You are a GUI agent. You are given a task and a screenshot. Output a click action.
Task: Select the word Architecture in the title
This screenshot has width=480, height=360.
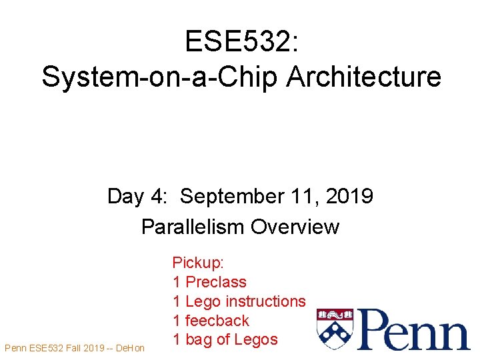pyautogui.click(x=364, y=77)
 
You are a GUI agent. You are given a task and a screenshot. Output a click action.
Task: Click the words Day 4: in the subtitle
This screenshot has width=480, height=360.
pyautogui.click(x=140, y=197)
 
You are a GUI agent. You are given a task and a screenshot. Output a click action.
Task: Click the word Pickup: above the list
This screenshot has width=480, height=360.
pyautogui.click(x=198, y=263)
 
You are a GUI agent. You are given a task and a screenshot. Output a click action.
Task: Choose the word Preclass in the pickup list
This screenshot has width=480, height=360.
pyautogui.click(x=216, y=282)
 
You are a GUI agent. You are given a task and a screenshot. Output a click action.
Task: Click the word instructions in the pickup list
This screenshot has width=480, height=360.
pyautogui.click(x=265, y=301)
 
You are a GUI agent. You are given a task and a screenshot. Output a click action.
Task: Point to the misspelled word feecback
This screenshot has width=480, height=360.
pyautogui.click(x=217, y=321)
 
